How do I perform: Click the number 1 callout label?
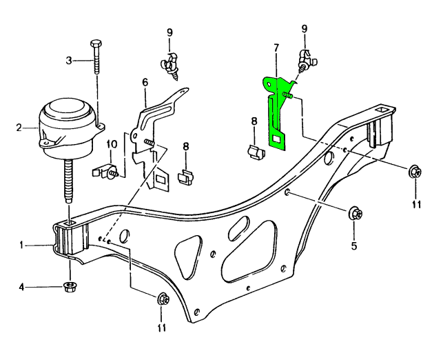pyautogui.click(x=22, y=244)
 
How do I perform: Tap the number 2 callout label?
pyautogui.click(x=21, y=127)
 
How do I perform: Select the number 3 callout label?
pyautogui.click(x=69, y=61)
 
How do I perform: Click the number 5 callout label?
pyautogui.click(x=355, y=244)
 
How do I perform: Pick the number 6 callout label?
pyautogui.click(x=145, y=82)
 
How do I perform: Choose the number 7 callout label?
pyautogui.click(x=276, y=48)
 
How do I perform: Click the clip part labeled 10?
pyautogui.click(x=108, y=169)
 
